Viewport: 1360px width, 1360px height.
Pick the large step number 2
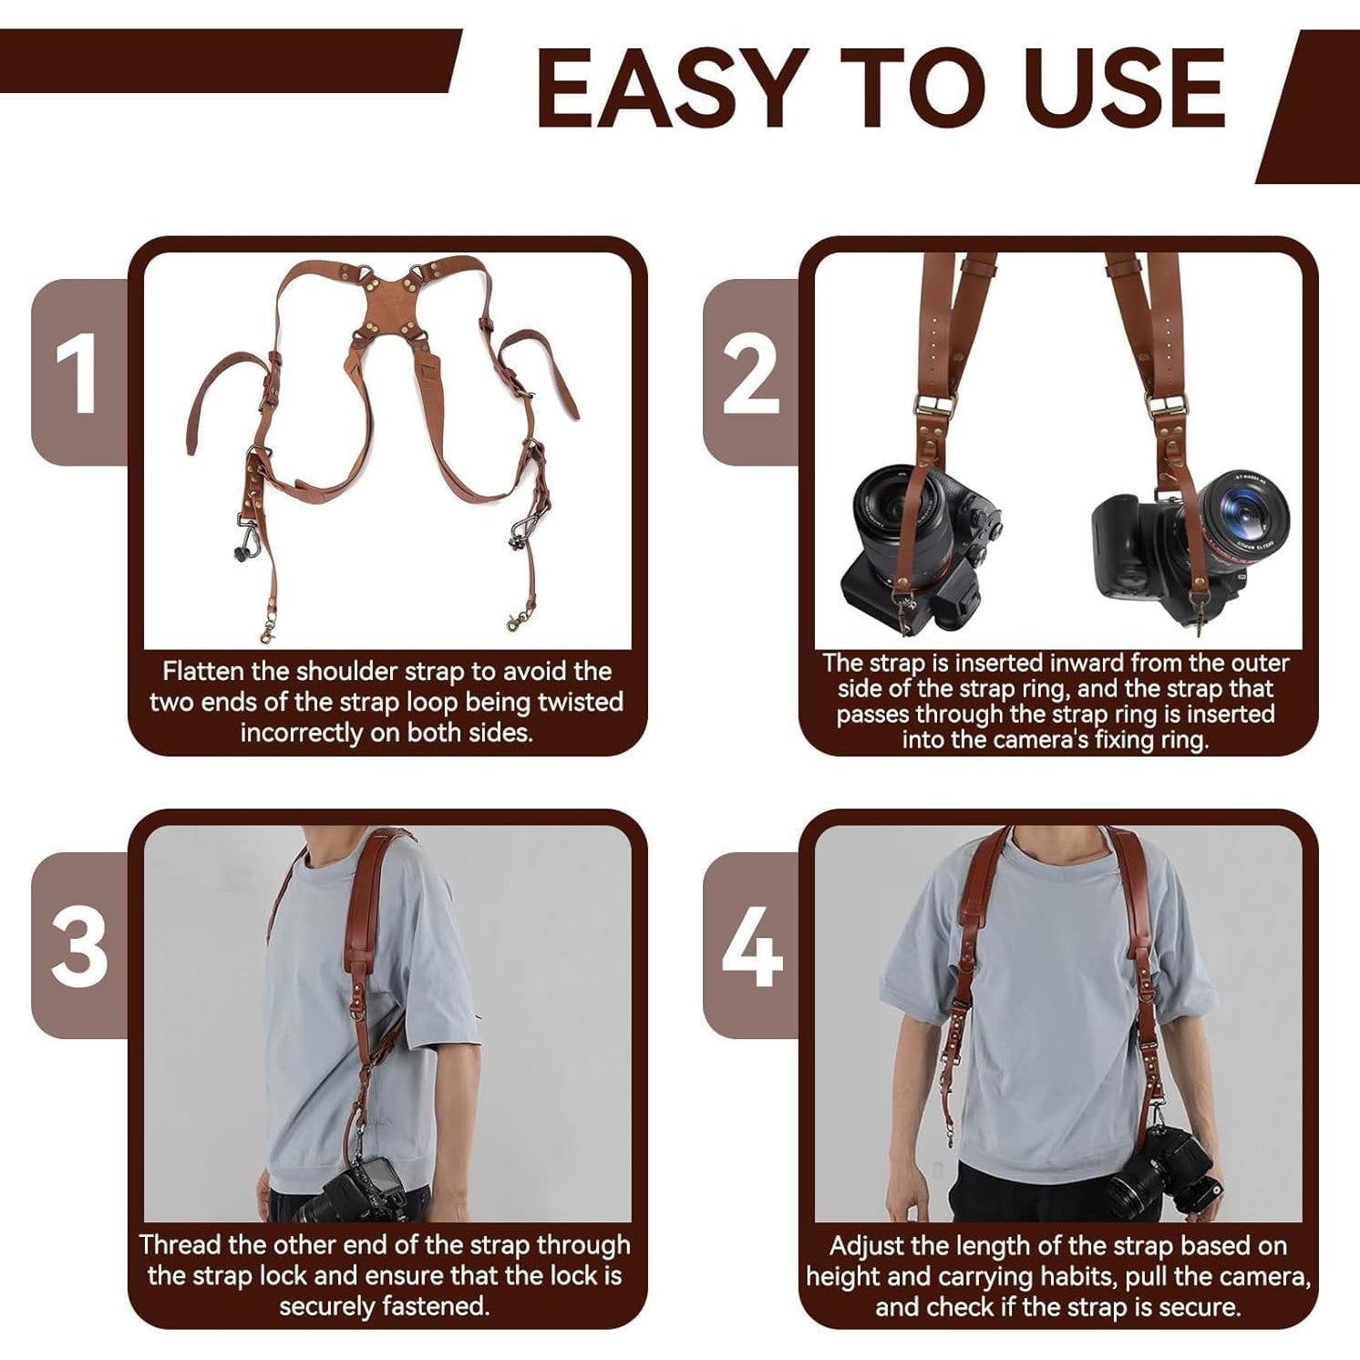pos(751,373)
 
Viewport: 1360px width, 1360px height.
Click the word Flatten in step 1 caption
pos(203,672)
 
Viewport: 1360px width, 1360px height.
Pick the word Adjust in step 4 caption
pos(867,1246)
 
